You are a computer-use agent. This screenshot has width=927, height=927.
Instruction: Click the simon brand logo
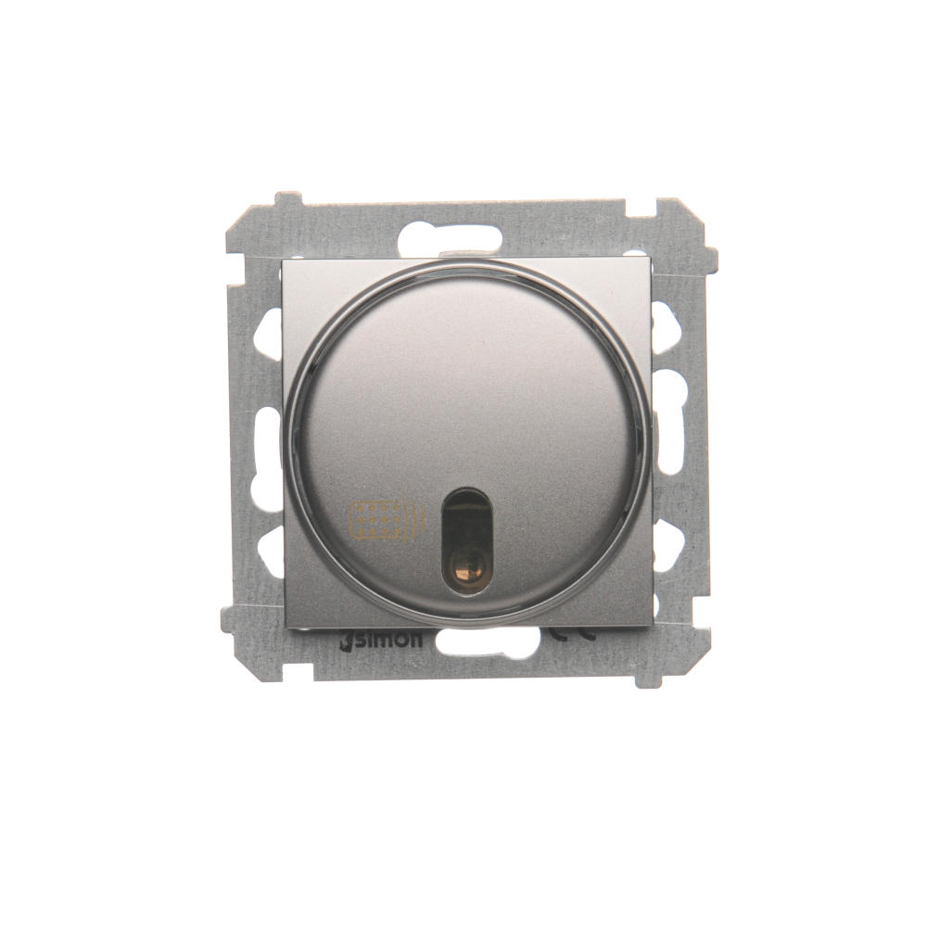tap(382, 641)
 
